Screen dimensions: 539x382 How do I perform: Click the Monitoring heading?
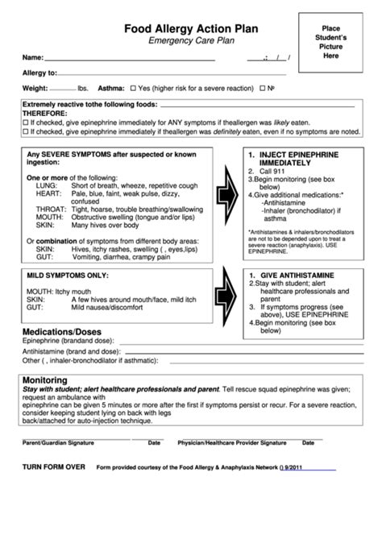[x=45, y=379]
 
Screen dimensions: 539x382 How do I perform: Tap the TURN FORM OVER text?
[x=53, y=466]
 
